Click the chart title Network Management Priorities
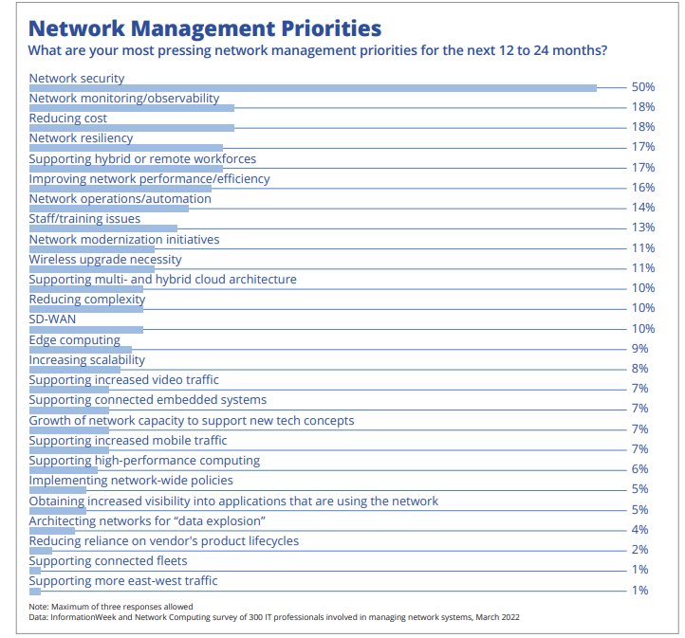[205, 28]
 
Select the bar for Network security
[313, 88]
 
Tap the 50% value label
[643, 87]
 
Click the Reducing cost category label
[67, 118]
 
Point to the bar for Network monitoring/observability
[132, 108]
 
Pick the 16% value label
[643, 187]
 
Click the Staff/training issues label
[84, 219]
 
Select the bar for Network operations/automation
[109, 209]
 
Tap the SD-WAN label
[52, 319]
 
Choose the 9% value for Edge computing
[639, 348]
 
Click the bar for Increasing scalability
[75, 370]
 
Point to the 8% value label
[639, 369]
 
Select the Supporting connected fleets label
[108, 561]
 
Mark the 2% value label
[639, 550]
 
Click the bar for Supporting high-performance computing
[64, 470]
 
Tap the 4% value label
[639, 529]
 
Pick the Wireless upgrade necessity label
[105, 260]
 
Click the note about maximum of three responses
[111, 607]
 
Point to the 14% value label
[643, 208]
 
